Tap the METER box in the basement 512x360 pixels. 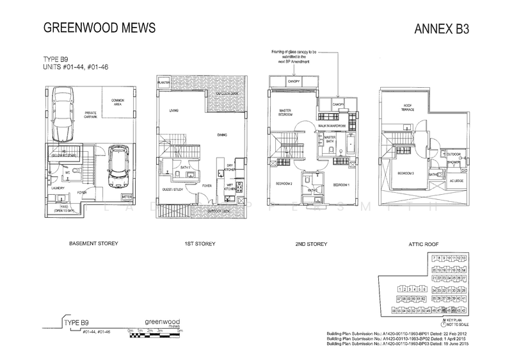coord(126,197)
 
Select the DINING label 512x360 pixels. coord(223,135)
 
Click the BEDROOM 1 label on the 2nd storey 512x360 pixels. coord(340,184)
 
